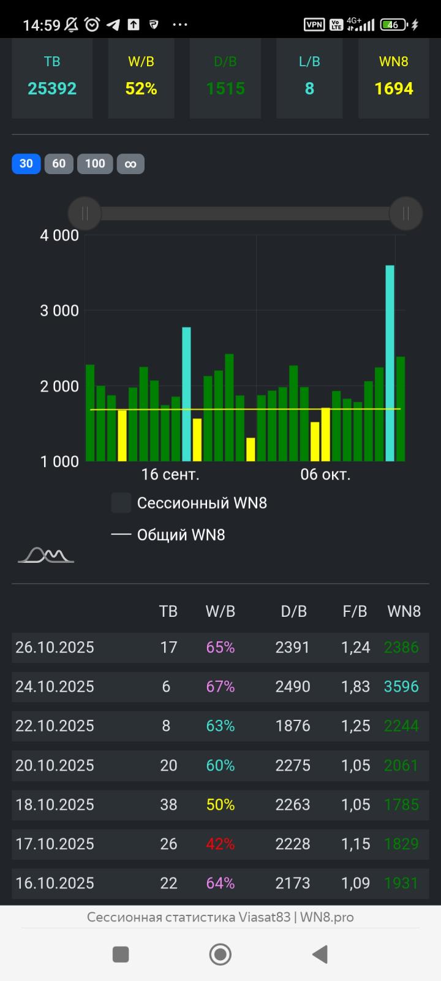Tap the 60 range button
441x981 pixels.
click(59, 164)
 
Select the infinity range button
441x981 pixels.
click(130, 164)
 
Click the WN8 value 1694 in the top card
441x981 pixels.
click(394, 89)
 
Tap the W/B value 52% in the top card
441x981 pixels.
click(141, 89)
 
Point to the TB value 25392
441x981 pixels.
click(52, 89)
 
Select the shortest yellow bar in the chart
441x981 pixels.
click(251, 449)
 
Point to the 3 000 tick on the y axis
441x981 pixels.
click(59, 311)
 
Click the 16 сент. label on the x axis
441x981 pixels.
click(170, 475)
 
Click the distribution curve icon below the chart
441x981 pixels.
click(46, 555)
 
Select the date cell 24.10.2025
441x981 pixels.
click(55, 687)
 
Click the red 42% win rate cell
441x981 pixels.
click(221, 844)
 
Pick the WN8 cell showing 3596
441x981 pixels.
click(401, 687)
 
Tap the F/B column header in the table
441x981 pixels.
click(355, 611)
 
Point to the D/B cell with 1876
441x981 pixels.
click(293, 726)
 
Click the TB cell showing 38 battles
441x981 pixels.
click(168, 805)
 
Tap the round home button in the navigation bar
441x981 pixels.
click(221, 955)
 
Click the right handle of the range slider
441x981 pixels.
click(405, 213)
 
